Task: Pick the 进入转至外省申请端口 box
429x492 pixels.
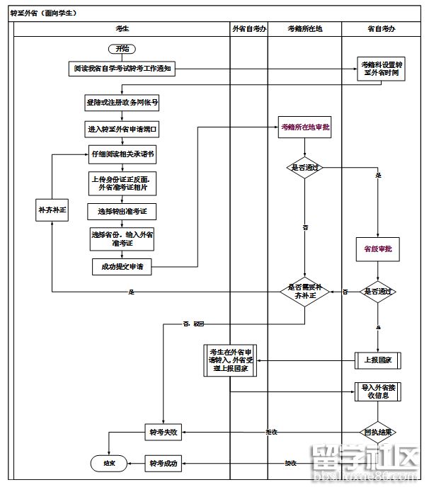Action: [122, 129]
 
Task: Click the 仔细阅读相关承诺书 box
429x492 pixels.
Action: [122, 154]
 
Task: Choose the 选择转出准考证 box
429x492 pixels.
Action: [122, 211]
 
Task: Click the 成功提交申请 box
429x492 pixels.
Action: [122, 267]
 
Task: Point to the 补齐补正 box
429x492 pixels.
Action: [52, 210]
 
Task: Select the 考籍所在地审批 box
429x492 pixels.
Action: [305, 127]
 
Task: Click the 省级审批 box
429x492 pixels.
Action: [378, 249]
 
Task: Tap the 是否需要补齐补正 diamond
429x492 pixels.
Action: [305, 291]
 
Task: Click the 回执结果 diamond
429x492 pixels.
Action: [378, 432]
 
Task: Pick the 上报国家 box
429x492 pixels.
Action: [378, 360]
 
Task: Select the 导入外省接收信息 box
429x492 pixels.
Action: [378, 391]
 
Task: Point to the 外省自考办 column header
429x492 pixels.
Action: [249, 28]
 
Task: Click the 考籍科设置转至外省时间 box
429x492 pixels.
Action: [382, 69]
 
